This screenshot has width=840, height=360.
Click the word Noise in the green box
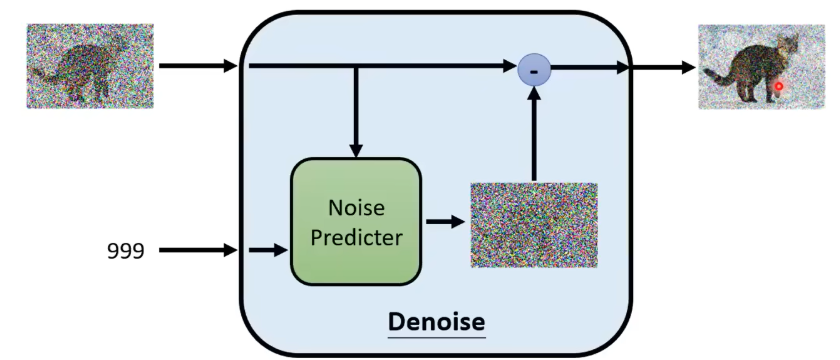pos(356,207)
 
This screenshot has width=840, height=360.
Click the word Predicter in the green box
pos(356,237)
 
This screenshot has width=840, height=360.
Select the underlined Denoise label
pos(437,322)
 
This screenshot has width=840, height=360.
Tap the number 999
pos(126,250)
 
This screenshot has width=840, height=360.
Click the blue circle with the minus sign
pos(534,70)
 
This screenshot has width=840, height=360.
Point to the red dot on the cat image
pos(779,86)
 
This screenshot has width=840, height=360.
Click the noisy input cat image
pos(91,66)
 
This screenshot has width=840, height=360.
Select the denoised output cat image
pos(761,67)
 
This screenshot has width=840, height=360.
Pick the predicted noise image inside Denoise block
pos(534,225)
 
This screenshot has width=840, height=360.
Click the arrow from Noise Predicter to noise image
pos(445,221)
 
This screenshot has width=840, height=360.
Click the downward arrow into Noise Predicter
pos(356,112)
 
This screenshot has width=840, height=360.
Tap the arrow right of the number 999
pos(198,250)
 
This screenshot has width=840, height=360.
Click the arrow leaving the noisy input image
pos(198,66)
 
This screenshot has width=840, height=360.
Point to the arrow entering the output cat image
pos(663,68)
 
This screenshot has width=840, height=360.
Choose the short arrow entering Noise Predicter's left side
pos(269,250)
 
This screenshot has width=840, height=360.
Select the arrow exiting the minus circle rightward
pos(590,68)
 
